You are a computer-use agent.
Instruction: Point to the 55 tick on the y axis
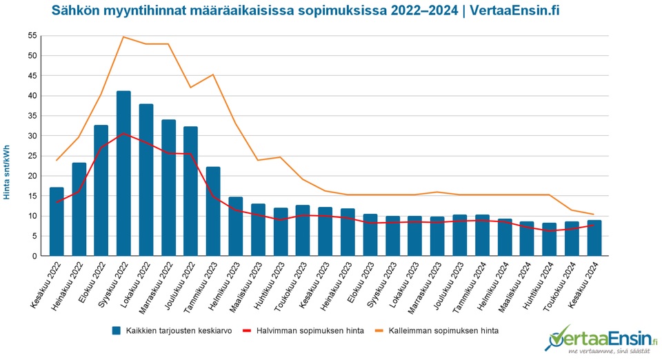31,36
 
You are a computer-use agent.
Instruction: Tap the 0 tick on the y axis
33,256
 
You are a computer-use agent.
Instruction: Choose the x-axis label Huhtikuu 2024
538,284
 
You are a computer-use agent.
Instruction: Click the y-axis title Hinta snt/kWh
7,172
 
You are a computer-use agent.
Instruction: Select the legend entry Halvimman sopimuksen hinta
303,331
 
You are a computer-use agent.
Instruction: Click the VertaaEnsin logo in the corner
601,340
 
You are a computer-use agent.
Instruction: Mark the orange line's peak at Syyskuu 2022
123,37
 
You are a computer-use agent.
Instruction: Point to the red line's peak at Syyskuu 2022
123,134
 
